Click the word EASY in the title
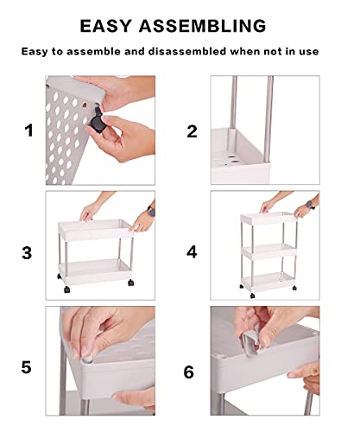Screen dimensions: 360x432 tap(105, 26)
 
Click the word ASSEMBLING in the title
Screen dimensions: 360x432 tap(203, 26)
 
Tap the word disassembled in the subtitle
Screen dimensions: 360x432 tap(187, 51)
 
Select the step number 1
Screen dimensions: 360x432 tap(28, 130)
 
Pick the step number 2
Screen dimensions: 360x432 tap(192, 131)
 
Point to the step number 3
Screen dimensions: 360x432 tap(27, 253)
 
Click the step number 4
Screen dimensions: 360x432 tap(192, 252)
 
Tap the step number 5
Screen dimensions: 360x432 tap(26, 367)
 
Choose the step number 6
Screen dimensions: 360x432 tap(189, 372)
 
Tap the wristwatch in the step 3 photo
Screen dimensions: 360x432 tap(151, 211)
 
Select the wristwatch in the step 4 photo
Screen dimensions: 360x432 tap(310, 205)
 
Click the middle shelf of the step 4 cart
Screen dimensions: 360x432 tap(269, 251)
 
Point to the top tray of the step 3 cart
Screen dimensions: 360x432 tap(96, 229)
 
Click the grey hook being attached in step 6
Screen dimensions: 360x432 tap(251, 343)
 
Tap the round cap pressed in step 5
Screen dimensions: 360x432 tap(87, 360)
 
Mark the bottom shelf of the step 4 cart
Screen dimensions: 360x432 tap(268, 282)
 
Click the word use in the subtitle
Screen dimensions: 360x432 tap(309, 52)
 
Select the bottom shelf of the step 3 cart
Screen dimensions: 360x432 tap(95, 271)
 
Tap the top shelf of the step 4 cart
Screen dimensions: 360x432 tap(269, 218)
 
